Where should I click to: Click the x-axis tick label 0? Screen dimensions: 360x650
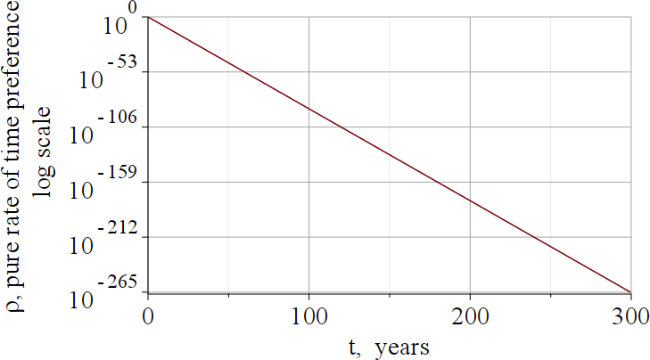tap(148, 316)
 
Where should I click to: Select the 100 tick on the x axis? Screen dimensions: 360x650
tap(309, 316)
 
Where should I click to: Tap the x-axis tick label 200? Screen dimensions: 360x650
tap(470, 316)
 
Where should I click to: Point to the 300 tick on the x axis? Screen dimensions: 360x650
tap(630, 316)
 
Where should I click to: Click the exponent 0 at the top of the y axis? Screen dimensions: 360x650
tap(132, 8)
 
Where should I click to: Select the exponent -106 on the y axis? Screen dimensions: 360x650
tap(121, 118)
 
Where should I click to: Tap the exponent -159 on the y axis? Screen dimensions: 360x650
tap(121, 172)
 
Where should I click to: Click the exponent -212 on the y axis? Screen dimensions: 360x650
tap(121, 227)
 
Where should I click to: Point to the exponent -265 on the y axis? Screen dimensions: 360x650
tap(121, 282)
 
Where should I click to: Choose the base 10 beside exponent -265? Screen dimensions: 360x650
tap(81, 299)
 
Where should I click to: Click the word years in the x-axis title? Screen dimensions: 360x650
tap(402, 347)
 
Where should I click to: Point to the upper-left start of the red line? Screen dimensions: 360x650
tap(149, 18)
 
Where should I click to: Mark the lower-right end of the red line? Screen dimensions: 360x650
tap(630, 291)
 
